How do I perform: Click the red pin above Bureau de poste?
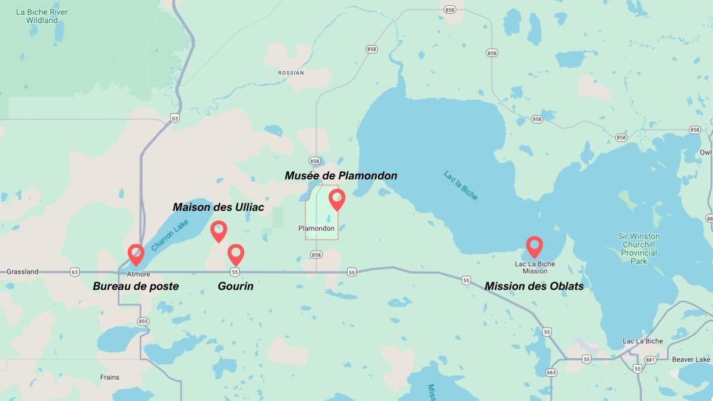coord(136,254)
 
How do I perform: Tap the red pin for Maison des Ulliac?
coord(219,230)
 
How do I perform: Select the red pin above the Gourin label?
coord(236,253)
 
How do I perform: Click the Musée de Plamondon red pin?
coord(337,198)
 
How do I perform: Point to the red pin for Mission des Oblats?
coord(535,245)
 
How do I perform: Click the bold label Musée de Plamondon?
coord(340,176)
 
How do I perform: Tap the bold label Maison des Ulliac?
coord(218,207)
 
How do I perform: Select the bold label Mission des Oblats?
coord(534,286)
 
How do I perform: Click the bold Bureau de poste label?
coord(135,286)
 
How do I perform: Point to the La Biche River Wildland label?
coord(42,16)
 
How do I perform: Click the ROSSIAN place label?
coord(291,73)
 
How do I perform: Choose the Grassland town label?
coord(23,272)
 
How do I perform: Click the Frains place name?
coord(109,377)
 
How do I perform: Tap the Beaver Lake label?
coord(691,359)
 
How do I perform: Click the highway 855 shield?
coord(143,321)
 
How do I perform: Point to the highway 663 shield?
coord(551,372)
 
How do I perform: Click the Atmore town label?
coord(138,274)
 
